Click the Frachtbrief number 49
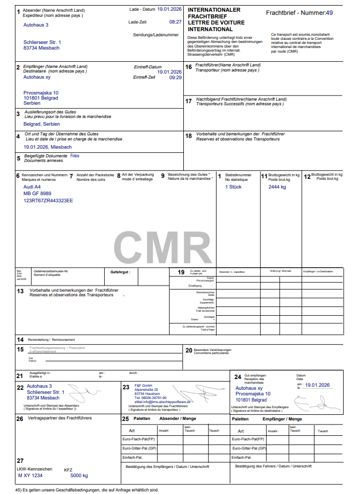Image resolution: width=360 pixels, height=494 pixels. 329,13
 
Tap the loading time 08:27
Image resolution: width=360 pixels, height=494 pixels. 175,22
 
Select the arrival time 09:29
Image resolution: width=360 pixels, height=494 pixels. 175,78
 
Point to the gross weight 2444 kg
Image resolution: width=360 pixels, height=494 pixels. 277,187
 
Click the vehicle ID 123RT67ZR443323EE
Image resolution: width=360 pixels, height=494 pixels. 48,201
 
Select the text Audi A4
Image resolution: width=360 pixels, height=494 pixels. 32,187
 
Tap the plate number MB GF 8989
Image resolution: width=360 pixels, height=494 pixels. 37,194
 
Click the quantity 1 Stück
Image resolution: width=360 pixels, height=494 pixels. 233,187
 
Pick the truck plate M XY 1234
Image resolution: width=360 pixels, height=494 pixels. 30,476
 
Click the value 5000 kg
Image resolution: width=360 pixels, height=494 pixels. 79,476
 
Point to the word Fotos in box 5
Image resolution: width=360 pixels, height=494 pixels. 75,156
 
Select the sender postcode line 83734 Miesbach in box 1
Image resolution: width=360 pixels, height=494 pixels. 41,48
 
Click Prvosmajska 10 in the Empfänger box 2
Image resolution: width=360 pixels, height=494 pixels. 41,93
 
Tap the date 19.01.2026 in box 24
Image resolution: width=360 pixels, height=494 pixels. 318,385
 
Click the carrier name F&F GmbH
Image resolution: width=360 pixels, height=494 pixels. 143,385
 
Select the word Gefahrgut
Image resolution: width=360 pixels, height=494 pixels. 121,273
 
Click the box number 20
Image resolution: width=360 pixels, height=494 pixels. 188,350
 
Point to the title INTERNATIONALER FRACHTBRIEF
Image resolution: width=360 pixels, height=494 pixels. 214,13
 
